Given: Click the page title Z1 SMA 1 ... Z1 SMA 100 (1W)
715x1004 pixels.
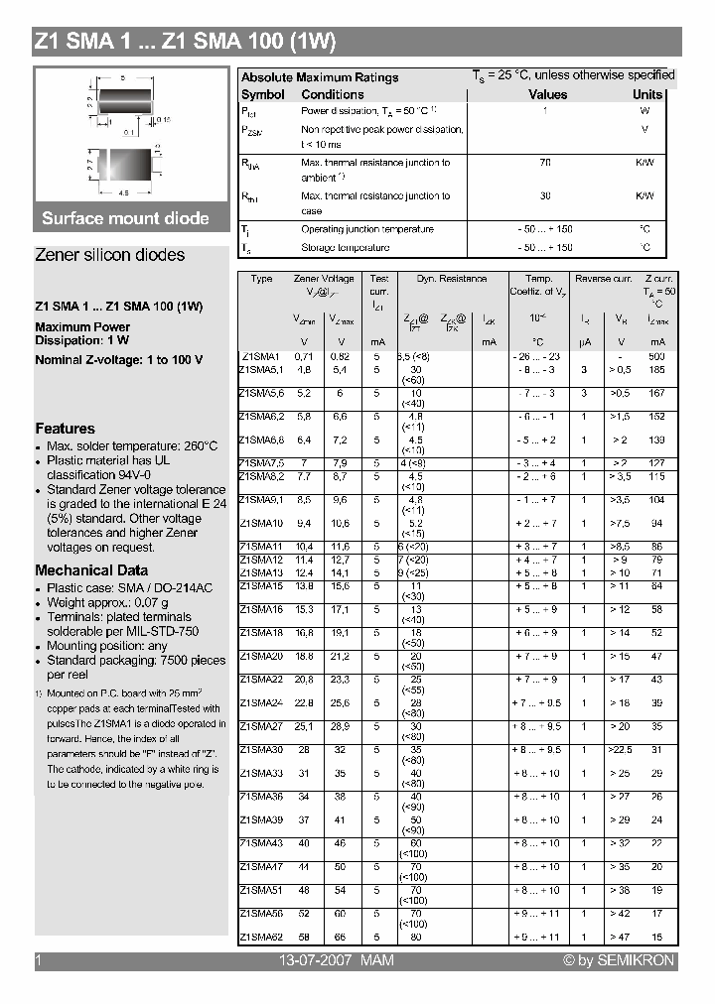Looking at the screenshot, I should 186,42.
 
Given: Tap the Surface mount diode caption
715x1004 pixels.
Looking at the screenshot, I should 125,218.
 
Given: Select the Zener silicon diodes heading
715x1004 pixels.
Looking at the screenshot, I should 109,255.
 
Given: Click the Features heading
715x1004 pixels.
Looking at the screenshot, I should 65,429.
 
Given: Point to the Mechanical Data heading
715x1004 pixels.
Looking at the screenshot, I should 91,570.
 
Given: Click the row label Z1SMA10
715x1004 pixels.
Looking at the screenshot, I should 260,523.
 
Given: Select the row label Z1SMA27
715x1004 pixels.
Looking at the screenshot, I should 260,726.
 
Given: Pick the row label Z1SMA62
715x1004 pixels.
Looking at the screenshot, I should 260,936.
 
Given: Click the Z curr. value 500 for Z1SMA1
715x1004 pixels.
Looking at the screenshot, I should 656,355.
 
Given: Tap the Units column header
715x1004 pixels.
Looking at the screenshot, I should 647,95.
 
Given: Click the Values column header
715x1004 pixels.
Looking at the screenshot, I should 547,95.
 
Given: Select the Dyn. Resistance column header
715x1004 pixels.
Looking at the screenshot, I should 451,280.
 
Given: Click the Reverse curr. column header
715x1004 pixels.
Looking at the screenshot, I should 603,280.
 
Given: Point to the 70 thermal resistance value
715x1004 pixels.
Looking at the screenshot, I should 545,162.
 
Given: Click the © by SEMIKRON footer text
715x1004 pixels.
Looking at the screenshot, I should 618,960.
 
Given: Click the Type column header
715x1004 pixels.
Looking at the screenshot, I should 261,280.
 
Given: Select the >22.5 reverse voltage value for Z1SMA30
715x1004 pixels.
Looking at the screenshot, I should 620,750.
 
